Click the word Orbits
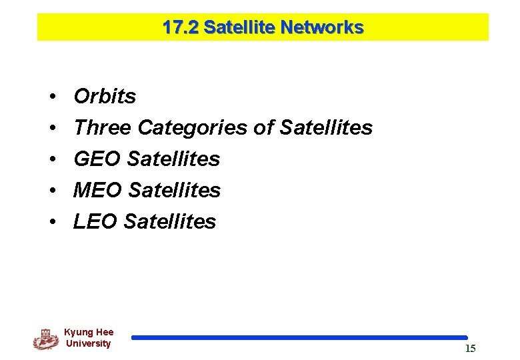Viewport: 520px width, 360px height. click(105, 97)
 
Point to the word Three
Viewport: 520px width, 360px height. click(103, 127)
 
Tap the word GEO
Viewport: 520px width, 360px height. click(97, 159)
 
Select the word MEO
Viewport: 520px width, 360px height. click(98, 190)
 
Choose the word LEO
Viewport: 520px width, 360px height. click(96, 221)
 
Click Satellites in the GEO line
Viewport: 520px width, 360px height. click(173, 159)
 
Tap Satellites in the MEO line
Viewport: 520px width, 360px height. click(174, 190)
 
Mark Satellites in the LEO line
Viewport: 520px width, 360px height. click(170, 221)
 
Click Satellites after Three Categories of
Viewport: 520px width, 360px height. click(326, 127)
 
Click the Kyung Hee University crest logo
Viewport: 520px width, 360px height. click(45, 339)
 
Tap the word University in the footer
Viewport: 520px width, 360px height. click(89, 344)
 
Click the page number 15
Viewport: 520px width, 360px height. click(470, 349)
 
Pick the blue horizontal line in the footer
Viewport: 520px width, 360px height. click(299, 338)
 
